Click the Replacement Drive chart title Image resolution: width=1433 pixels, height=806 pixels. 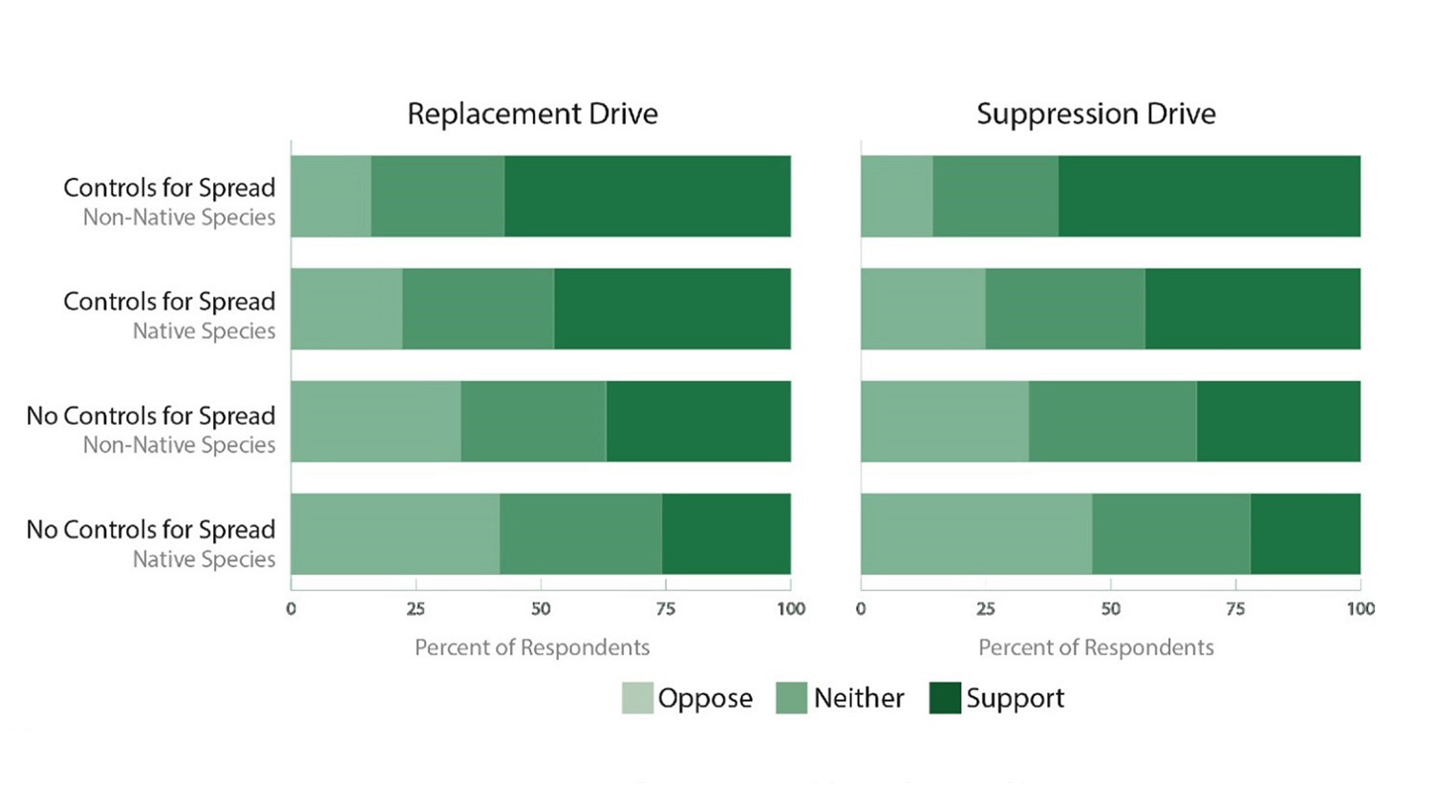[x=532, y=114]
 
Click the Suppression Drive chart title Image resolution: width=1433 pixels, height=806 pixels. [x=1096, y=114]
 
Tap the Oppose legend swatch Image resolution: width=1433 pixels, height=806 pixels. [x=637, y=698]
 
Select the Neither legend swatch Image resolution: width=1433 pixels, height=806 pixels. [x=791, y=698]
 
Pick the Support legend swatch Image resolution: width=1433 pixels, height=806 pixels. [x=945, y=698]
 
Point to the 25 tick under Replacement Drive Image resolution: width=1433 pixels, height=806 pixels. [x=416, y=608]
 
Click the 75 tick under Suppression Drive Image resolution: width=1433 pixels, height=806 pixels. [x=1235, y=608]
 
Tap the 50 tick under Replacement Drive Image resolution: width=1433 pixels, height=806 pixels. [x=541, y=608]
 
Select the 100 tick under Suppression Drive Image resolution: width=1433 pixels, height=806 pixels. [x=1360, y=608]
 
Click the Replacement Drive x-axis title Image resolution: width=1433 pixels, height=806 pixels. [x=532, y=647]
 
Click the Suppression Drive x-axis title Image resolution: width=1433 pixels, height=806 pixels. [x=1096, y=647]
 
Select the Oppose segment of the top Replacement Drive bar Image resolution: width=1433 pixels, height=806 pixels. [x=331, y=196]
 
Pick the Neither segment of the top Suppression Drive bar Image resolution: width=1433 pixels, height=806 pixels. [x=995, y=196]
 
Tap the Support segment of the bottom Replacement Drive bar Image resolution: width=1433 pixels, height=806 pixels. [x=726, y=534]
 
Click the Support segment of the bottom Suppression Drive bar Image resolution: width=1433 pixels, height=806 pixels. [x=1305, y=534]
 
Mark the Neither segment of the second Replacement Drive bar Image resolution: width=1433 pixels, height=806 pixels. [x=478, y=308]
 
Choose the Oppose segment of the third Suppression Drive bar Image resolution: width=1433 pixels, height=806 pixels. [x=945, y=421]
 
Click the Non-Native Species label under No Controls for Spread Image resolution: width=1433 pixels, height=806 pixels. [x=179, y=445]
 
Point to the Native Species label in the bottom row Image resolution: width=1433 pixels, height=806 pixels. [x=203, y=559]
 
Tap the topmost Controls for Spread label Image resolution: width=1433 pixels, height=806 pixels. [x=169, y=187]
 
